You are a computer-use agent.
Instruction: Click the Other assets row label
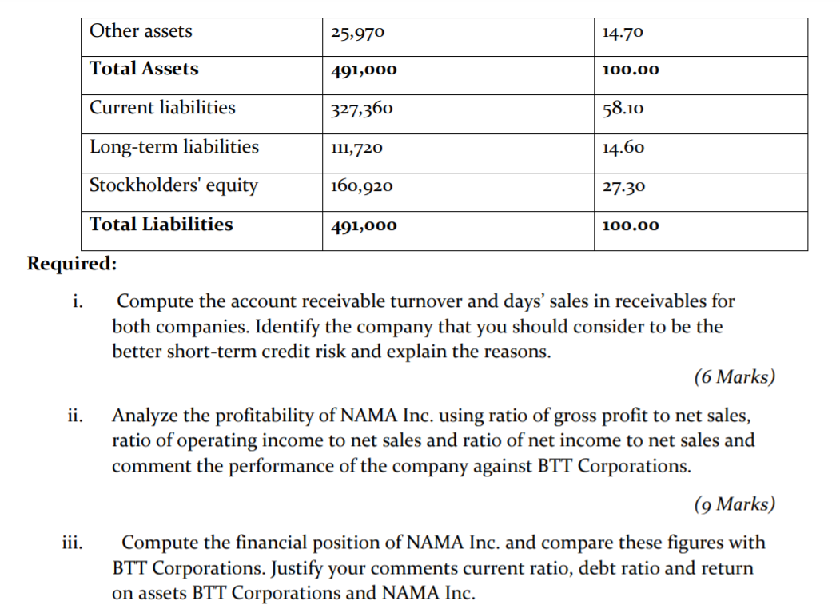click(x=141, y=31)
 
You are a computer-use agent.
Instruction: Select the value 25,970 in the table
click(x=357, y=34)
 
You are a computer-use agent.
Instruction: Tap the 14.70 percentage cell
click(x=623, y=34)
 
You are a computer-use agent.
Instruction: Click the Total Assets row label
click(x=144, y=69)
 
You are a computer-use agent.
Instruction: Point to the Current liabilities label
click(x=162, y=107)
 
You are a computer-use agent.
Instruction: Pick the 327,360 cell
click(x=361, y=109)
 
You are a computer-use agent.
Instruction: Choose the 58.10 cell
click(x=623, y=109)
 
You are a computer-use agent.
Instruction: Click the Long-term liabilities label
click(x=174, y=147)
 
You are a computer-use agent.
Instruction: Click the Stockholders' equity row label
click(x=173, y=185)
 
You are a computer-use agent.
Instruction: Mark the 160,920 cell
click(x=361, y=187)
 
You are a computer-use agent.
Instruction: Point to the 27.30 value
click(x=623, y=187)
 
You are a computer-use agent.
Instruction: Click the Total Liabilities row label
click(x=161, y=225)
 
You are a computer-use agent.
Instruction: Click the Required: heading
click(x=72, y=263)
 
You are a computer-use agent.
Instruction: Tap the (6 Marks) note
click(x=735, y=377)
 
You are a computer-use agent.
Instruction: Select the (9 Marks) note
click(x=735, y=504)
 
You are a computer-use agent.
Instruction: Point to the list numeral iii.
click(x=72, y=543)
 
